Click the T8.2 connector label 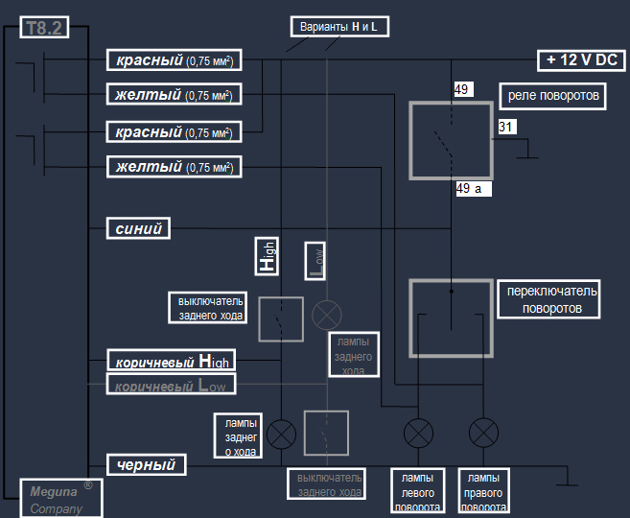[43, 29]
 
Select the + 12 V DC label [581, 60]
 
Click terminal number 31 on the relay [506, 127]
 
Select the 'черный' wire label [145, 465]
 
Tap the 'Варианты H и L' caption [338, 27]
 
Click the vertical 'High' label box [266, 257]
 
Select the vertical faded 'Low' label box [315, 259]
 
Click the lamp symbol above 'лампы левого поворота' [418, 434]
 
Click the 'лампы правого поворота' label [484, 491]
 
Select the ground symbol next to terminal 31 [526, 153]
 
